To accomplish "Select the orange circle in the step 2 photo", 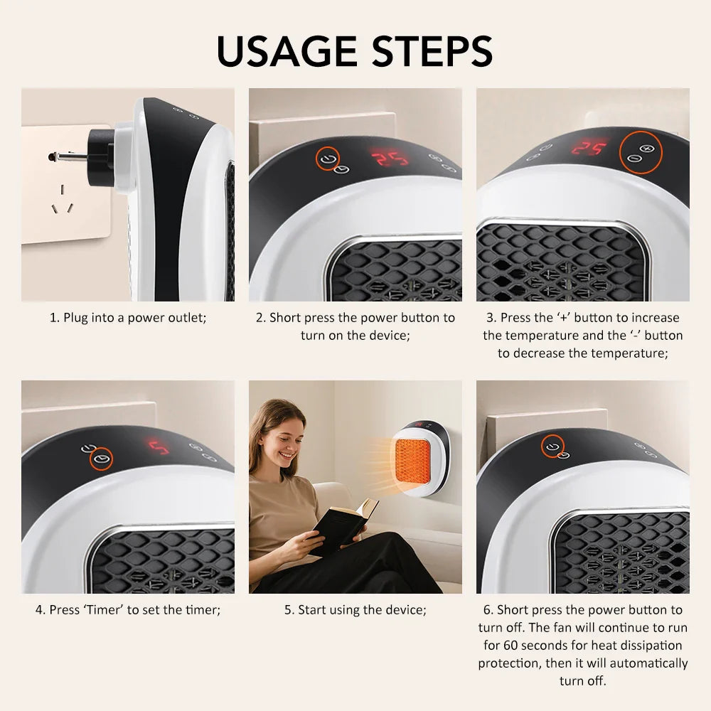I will (x=328, y=159).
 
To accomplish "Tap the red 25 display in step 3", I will (x=589, y=149).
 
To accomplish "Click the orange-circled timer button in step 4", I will (x=102, y=458).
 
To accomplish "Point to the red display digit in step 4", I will (x=159, y=447).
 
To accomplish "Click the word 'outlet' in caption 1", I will (x=187, y=318).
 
